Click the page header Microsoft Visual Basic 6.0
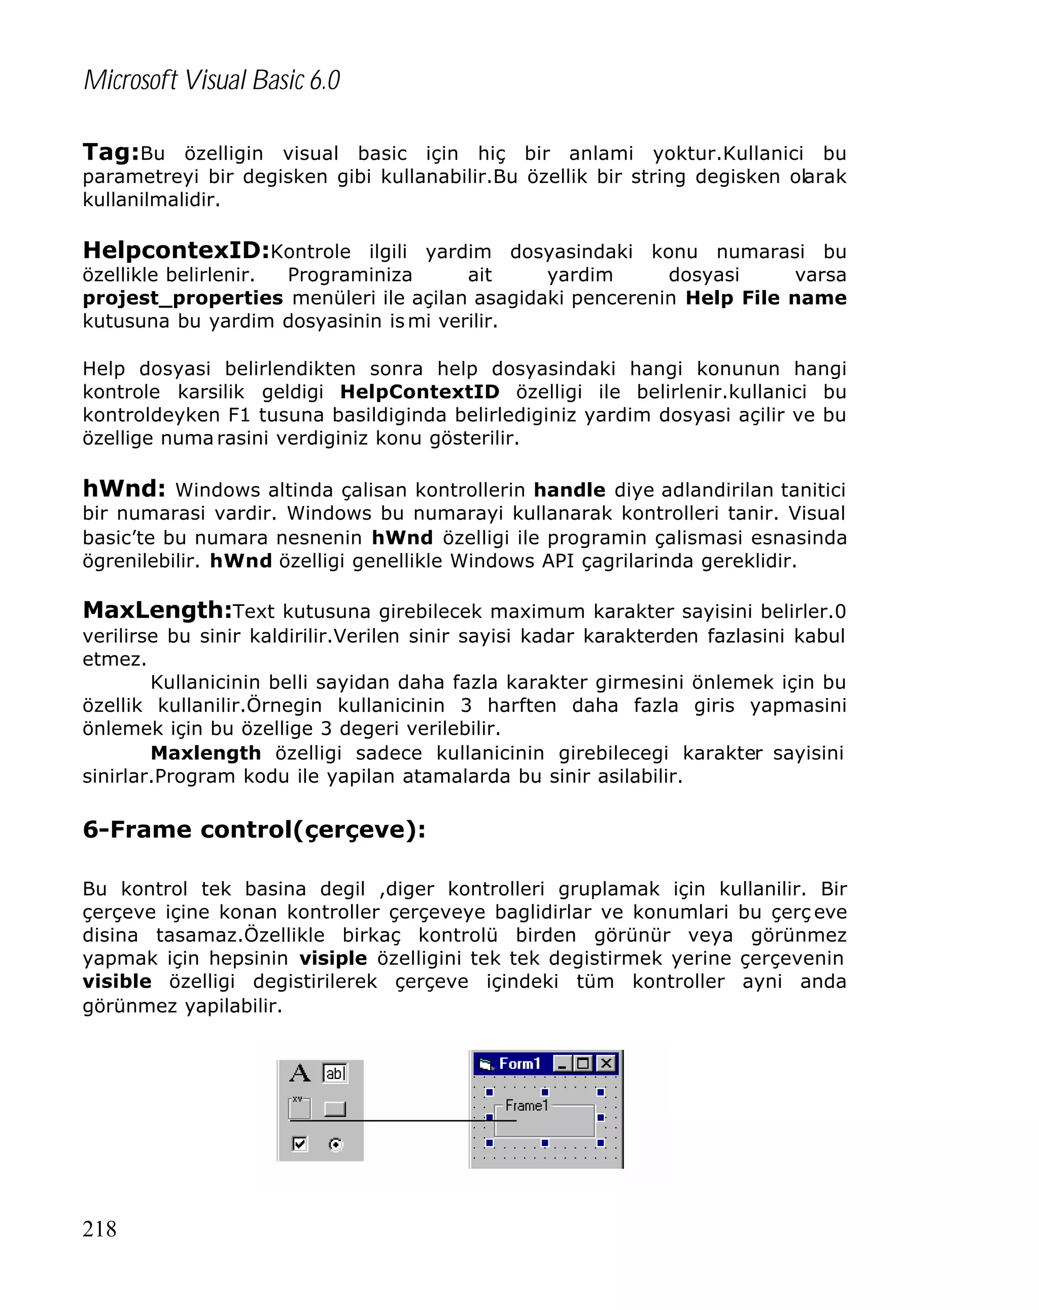click(x=212, y=80)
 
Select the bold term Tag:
click(x=111, y=153)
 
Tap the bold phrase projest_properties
click(x=183, y=298)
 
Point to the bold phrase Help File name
click(x=766, y=298)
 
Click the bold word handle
click(x=569, y=490)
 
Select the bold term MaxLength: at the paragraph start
click(x=157, y=610)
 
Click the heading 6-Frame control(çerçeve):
click(x=254, y=829)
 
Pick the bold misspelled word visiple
click(x=333, y=958)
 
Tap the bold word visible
click(x=117, y=981)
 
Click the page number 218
click(x=99, y=1228)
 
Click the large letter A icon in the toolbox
click(x=299, y=1073)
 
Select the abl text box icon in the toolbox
click(x=334, y=1073)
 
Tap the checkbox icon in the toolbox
click(x=299, y=1144)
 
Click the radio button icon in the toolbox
click(x=335, y=1145)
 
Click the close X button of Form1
click(x=606, y=1063)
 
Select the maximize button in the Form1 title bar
click(x=583, y=1063)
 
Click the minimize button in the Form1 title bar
click(x=562, y=1063)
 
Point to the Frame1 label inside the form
click(x=526, y=1105)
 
